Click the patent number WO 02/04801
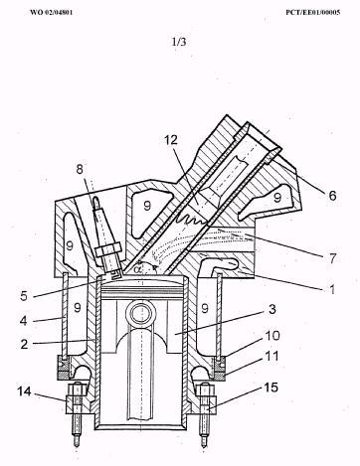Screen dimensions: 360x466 click(51, 13)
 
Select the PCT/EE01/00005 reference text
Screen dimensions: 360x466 click(313, 13)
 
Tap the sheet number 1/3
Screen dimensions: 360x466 click(179, 42)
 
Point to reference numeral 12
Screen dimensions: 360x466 click(171, 140)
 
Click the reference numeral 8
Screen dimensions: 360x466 click(80, 169)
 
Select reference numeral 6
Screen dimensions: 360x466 click(332, 196)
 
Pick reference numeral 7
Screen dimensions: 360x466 click(332, 258)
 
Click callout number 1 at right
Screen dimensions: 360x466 click(332, 289)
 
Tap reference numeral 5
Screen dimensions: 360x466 click(24, 296)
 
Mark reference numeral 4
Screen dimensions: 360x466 click(23, 321)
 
